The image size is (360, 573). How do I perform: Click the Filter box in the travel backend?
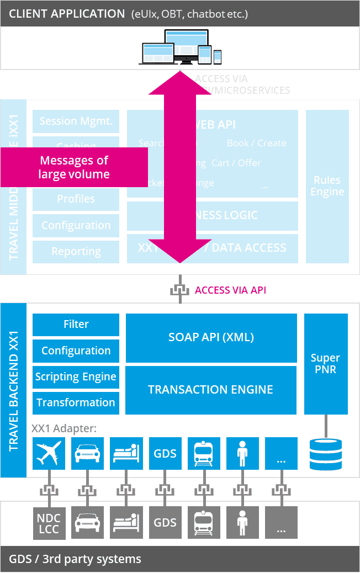[76, 325]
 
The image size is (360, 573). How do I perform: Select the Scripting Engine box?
[76, 377]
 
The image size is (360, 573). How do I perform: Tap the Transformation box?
[76, 403]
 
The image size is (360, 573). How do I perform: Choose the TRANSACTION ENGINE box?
[211, 390]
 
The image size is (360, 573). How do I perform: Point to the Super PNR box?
[326, 364]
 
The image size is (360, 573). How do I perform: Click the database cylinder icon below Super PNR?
[326, 454]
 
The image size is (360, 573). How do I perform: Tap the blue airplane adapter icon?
[49, 454]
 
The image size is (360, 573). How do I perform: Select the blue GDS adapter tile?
[165, 454]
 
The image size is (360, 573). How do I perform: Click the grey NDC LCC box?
[49, 522]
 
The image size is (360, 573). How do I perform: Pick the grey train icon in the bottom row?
[204, 522]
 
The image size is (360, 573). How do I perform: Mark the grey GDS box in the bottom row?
[165, 522]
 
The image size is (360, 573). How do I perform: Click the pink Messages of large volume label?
[74, 167]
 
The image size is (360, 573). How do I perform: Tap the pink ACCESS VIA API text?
[230, 290]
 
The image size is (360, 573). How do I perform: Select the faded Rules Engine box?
[327, 186]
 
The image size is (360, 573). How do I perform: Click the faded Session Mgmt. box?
[76, 121]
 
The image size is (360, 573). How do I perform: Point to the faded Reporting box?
[76, 252]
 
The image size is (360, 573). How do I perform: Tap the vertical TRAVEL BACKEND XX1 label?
[14, 390]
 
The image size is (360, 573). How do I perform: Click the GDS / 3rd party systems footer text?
[75, 559]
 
